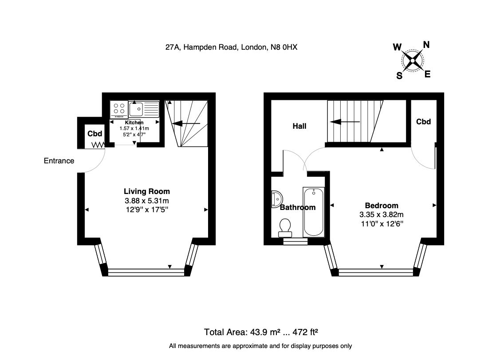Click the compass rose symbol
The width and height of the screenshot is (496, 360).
(413, 60)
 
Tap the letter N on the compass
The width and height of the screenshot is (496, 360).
(426, 45)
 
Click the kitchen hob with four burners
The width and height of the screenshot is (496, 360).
(119, 109)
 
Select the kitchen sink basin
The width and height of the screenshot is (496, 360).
(136, 109)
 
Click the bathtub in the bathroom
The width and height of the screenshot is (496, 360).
(314, 212)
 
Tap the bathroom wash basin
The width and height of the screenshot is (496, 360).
(277, 199)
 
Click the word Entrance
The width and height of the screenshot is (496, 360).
(59, 161)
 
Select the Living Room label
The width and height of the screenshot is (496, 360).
(147, 191)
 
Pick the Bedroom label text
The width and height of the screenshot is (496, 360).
(382, 206)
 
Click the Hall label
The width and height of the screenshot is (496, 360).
(299, 126)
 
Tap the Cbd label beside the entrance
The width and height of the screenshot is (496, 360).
(94, 134)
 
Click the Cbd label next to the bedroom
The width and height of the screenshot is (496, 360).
(423, 122)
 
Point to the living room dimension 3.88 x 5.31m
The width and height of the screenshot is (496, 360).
(147, 201)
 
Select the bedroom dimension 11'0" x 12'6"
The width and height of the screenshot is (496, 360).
(382, 224)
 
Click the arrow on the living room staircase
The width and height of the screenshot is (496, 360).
(186, 123)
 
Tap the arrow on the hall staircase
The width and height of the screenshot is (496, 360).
(345, 122)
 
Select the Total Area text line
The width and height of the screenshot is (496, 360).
(261, 332)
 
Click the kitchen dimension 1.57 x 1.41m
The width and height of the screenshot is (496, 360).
(134, 129)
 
